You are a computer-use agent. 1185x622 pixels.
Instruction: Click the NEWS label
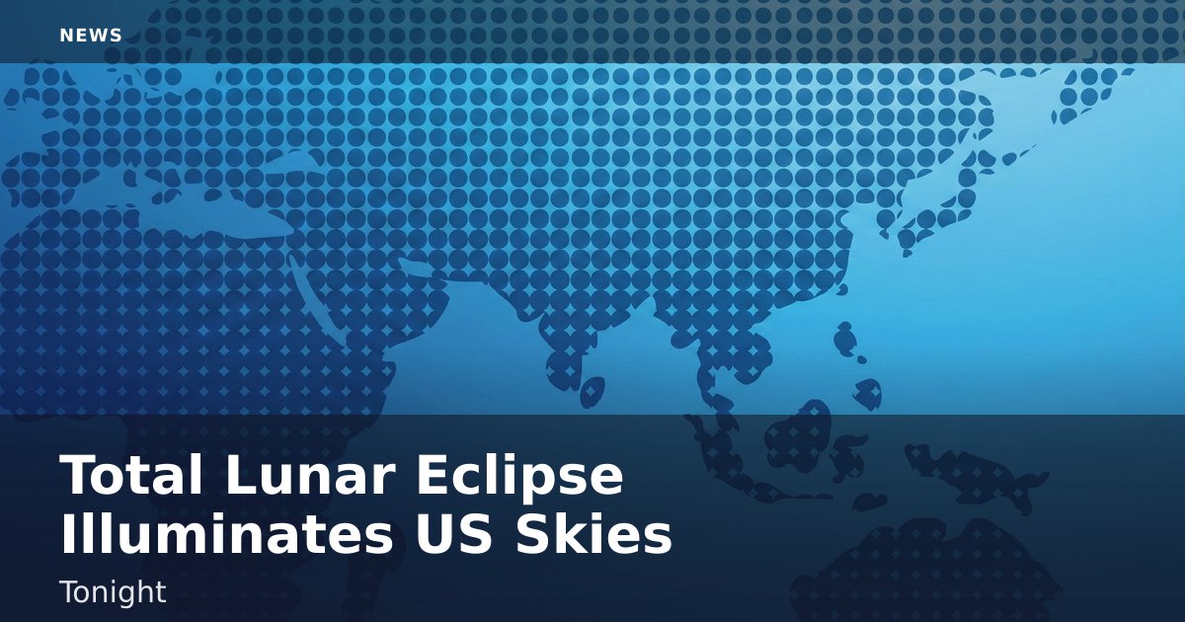[91, 36]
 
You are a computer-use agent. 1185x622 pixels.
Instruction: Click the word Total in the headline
[131, 475]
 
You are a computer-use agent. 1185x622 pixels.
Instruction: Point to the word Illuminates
[227, 533]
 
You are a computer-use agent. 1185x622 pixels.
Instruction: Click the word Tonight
[114, 592]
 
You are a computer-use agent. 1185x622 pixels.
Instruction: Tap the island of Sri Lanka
[592, 391]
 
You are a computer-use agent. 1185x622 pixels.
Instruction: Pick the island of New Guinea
[974, 476]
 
